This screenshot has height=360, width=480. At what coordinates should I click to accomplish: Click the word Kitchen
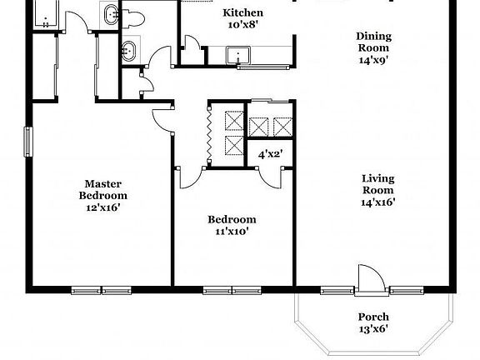coord(243,13)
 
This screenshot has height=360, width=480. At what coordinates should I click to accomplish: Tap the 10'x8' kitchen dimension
coord(243,25)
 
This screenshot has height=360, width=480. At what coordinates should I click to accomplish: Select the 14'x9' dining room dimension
coord(372,60)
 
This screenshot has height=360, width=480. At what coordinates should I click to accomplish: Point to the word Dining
coord(372,36)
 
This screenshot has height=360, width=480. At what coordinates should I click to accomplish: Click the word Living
coord(377,177)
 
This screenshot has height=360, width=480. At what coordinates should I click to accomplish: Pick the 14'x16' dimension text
coord(377,201)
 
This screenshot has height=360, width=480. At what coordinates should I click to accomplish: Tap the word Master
coord(104,183)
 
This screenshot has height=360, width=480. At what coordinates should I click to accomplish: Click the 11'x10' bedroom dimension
coord(232,232)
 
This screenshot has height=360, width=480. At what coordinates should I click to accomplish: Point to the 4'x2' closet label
coord(269,154)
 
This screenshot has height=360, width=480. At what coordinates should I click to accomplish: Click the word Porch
coord(372,317)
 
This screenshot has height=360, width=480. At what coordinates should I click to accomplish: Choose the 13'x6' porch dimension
coord(372,328)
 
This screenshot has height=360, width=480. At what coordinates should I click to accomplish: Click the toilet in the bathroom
coord(134,17)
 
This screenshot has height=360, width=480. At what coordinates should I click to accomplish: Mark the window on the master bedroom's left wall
coord(28,141)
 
